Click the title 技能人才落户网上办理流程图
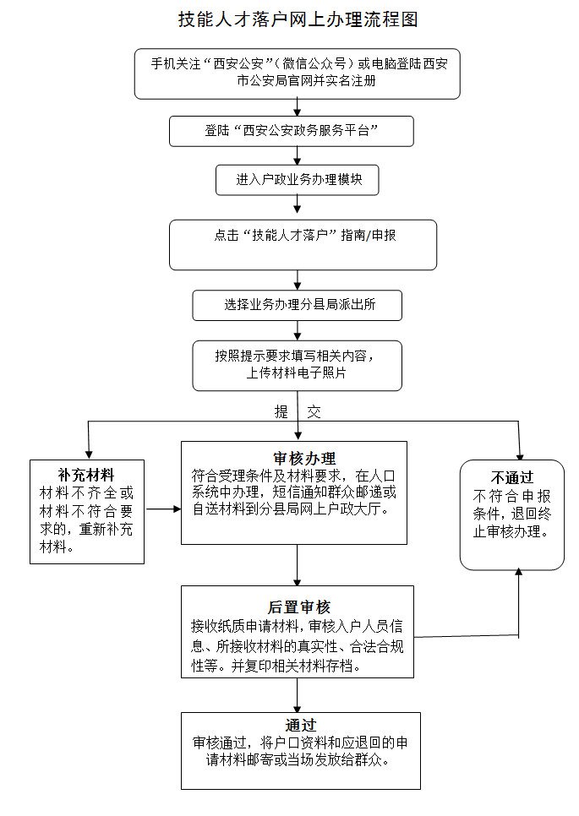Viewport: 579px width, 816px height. [x=298, y=19]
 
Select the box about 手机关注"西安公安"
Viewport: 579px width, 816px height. [x=298, y=74]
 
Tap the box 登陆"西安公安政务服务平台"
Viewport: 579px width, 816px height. [x=291, y=131]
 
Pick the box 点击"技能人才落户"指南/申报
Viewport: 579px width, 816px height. [x=303, y=244]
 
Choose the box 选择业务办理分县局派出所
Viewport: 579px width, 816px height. [x=297, y=305]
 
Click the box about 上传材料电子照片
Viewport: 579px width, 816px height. [x=297, y=365]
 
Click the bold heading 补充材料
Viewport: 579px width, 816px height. [x=86, y=474]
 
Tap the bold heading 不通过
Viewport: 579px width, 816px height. [x=513, y=476]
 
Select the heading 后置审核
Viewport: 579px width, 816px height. [x=298, y=607]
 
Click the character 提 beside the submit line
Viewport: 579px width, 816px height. [x=281, y=412]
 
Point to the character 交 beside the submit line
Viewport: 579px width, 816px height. [x=314, y=412]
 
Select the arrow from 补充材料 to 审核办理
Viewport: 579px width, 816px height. [x=163, y=509]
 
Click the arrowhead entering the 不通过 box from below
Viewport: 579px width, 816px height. [x=518, y=573]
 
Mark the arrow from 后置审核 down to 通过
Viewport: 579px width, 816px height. [x=298, y=694]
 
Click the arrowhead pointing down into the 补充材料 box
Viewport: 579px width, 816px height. [x=87, y=454]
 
